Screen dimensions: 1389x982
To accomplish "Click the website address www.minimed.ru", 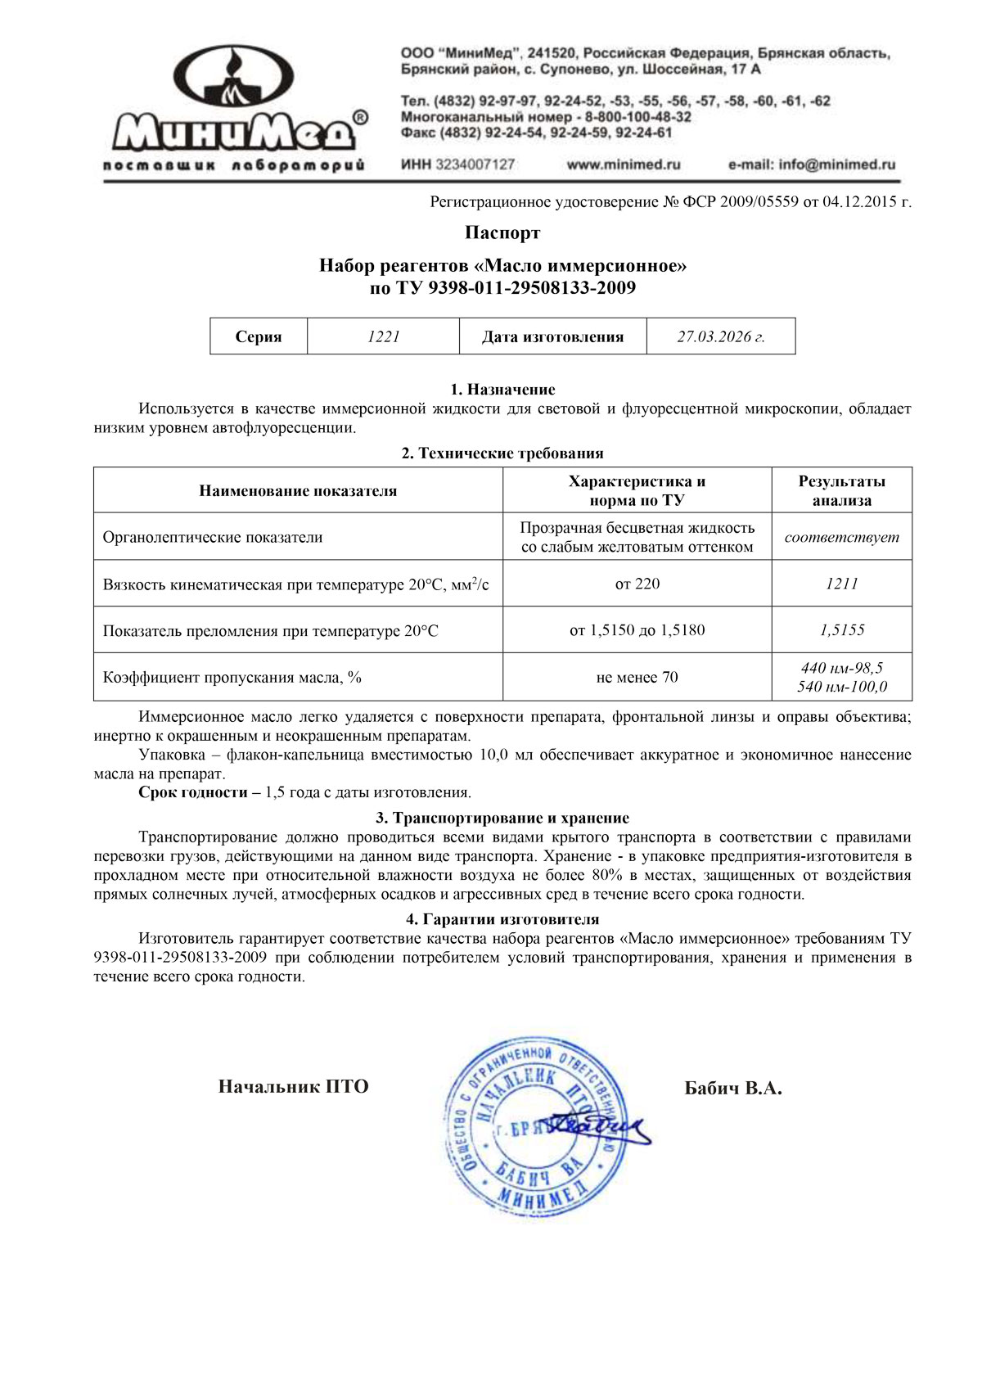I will coord(624,165).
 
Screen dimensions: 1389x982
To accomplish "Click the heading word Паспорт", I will coord(502,233).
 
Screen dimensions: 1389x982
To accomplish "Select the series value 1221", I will coord(383,336).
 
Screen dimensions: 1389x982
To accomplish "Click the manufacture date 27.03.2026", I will coord(720,336).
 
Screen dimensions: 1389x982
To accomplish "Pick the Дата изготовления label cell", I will coord(552,336).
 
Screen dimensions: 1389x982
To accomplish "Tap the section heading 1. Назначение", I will coord(502,390).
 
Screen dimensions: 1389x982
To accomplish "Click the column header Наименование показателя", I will coord(298,491).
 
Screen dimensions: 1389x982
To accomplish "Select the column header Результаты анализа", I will coord(841,491).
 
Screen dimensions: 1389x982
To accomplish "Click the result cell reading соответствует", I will coord(841,538).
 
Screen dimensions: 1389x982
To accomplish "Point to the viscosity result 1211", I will coord(841,584).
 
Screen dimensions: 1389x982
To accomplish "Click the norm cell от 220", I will coord(637,584).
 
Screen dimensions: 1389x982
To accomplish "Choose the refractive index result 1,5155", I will coord(841,630).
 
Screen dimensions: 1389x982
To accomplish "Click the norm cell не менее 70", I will coord(637,677).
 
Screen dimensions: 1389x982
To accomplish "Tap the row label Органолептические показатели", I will coord(213,538).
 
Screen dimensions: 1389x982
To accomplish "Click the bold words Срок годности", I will coord(193,792).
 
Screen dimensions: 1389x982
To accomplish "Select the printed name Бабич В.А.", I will coord(733,1089).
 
